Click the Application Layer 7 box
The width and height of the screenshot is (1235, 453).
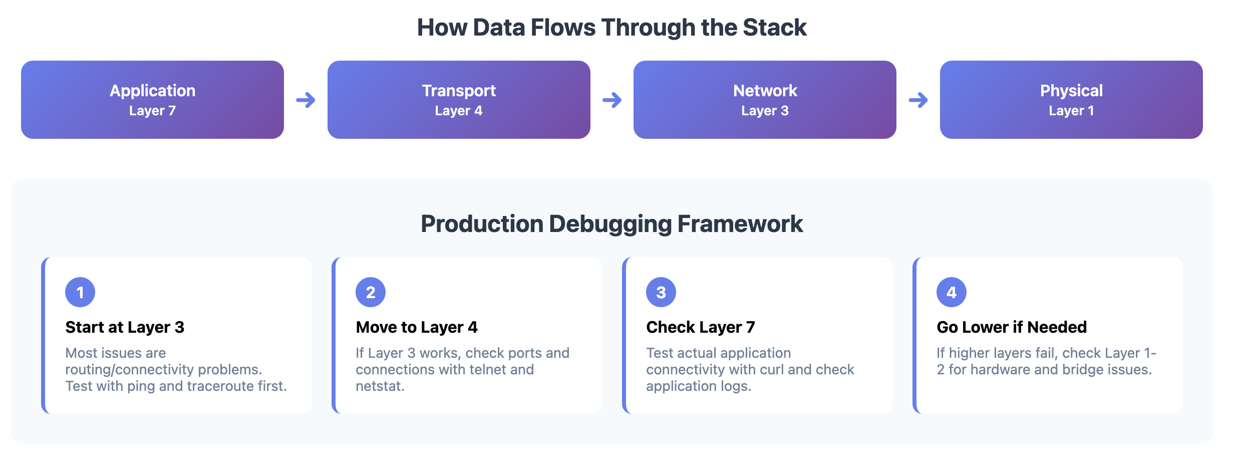coord(152,100)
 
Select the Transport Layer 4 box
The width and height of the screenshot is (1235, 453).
coord(459,100)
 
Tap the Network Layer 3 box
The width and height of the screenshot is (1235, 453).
coord(765,100)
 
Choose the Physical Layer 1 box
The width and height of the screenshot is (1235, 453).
coord(1071,100)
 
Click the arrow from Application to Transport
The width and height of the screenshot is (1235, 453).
coord(305,100)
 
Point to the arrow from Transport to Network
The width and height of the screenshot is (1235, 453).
coord(612,100)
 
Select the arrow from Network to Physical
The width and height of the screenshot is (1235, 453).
coord(918,100)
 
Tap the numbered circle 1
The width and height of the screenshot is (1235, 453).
coord(80,292)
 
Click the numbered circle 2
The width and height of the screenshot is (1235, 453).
coord(371,292)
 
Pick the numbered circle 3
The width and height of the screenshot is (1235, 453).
coord(661,292)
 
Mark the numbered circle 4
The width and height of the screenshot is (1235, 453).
coord(952,292)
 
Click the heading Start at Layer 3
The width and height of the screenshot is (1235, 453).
coord(125,327)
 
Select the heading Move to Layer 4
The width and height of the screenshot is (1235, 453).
coord(417,327)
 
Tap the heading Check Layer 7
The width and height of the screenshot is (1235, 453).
coord(700,327)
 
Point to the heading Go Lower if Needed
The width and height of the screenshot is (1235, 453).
coord(1012,327)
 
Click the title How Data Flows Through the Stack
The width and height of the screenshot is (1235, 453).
coord(612,28)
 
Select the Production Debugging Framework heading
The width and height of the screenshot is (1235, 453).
coord(612,223)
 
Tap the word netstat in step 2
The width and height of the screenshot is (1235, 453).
coord(379,386)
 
